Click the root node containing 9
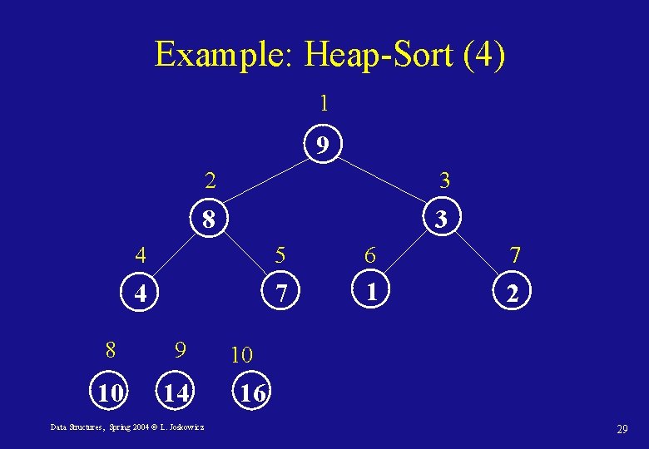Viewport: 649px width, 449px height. pyautogui.click(x=322, y=146)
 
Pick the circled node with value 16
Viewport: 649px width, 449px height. pyautogui.click(x=252, y=393)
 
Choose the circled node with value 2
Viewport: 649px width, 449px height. pyautogui.click(x=513, y=293)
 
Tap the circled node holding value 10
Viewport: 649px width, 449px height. pyautogui.click(x=109, y=392)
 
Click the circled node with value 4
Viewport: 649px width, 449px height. pyautogui.click(x=141, y=294)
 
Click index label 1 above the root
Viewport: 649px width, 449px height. pyautogui.click(x=324, y=104)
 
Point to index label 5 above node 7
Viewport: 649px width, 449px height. pyautogui.click(x=280, y=253)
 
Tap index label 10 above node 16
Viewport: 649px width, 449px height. pyautogui.click(x=241, y=355)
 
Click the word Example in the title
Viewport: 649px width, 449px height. pyautogui.click(x=220, y=55)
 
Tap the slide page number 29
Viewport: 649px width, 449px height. pyautogui.click(x=622, y=429)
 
